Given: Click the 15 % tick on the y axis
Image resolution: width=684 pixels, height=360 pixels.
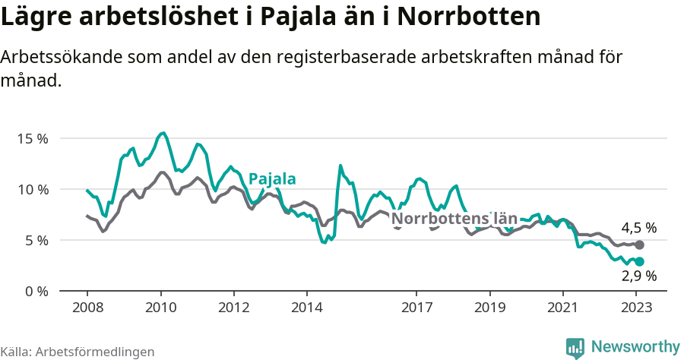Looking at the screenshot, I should tap(33, 139).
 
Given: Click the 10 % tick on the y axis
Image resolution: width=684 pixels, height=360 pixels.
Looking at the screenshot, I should tap(33, 189).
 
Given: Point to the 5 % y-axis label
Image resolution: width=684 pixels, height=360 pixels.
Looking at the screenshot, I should tap(36, 240).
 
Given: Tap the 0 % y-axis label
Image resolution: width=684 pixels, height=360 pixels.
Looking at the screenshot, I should tap(36, 291).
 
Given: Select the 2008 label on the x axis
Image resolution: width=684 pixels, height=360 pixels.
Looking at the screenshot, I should tap(87, 309).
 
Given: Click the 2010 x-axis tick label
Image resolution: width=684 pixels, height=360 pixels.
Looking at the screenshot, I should tap(160, 309).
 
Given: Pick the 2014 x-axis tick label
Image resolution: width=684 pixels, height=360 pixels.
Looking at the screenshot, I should tap(306, 309).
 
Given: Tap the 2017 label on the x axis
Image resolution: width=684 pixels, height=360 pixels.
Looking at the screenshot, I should tap(416, 309).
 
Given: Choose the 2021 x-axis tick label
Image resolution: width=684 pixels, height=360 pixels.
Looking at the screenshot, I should tap(563, 309).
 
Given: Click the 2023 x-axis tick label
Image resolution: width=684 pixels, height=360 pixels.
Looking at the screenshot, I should tap(636, 309).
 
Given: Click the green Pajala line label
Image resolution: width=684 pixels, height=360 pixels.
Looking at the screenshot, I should tap(272, 179).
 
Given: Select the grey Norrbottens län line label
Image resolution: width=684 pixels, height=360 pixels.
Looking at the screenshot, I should tap(454, 219).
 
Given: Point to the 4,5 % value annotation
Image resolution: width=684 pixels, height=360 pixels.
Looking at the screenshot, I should tap(638, 228).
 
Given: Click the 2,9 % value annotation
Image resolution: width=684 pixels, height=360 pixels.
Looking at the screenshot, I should tap(638, 276).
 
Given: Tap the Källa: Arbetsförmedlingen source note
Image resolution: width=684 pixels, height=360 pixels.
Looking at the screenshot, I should tap(78, 352).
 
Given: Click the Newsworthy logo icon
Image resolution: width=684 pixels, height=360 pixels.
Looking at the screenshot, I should tap(575, 348).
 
